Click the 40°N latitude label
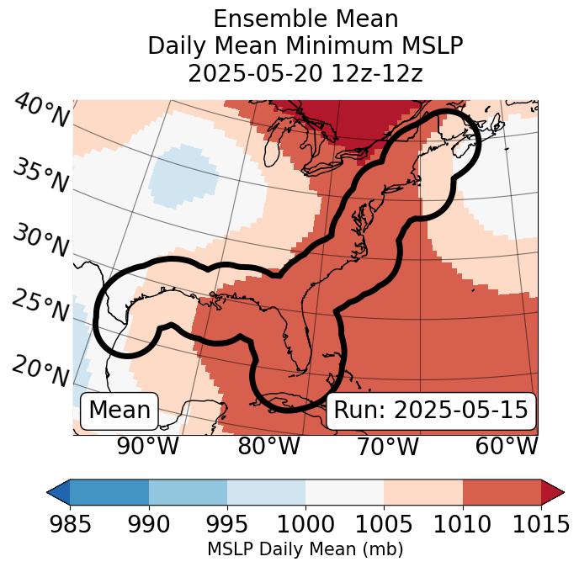41,111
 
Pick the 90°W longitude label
147,446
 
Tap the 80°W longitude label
268,446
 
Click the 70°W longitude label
386,446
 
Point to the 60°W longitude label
507,446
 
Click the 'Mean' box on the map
120,411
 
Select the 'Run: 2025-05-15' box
431,411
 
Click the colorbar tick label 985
70,525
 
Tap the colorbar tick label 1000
305,525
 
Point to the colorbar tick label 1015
539,525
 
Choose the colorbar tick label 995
226,525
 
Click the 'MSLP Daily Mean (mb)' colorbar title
305,550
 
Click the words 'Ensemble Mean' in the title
305,19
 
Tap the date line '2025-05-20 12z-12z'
305,73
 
